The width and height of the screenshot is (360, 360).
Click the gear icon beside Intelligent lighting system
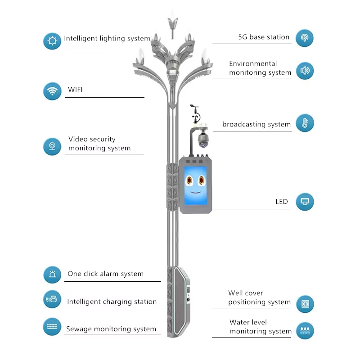pyautogui.click(x=52, y=41)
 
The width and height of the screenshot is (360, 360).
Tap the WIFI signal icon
pyautogui.click(x=52, y=91)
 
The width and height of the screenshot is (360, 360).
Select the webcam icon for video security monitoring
pyautogui.click(x=52, y=146)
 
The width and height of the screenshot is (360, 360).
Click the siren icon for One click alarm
pyautogui.click(x=52, y=274)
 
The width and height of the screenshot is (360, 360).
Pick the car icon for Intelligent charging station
pyautogui.click(x=52, y=299)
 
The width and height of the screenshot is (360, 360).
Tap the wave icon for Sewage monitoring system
pyautogui.click(x=52, y=326)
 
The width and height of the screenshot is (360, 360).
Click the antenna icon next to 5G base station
pyautogui.click(x=305, y=38)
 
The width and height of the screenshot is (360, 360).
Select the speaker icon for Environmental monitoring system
pyautogui.click(x=305, y=71)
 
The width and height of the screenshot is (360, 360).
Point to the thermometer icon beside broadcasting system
pyautogui.click(x=305, y=123)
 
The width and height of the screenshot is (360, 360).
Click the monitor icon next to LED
pyautogui.click(x=305, y=202)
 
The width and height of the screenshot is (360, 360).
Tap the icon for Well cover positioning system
pyautogui.click(x=305, y=304)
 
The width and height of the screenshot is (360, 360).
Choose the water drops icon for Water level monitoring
pyautogui.click(x=305, y=330)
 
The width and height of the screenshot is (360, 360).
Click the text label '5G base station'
pyautogui.click(x=264, y=37)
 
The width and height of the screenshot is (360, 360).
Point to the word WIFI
pyautogui.click(x=75, y=90)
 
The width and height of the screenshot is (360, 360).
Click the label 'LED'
pyautogui.click(x=281, y=202)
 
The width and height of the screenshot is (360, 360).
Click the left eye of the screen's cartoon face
pyautogui.click(x=190, y=180)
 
